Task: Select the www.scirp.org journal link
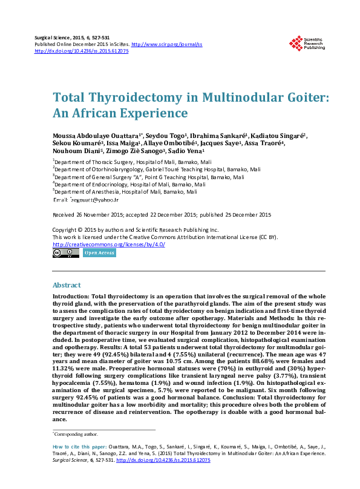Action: pyautogui.click(x=166, y=45)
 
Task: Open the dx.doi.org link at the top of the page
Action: pyautogui.click(x=82, y=51)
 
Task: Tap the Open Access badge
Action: pyautogui.click(x=99, y=253)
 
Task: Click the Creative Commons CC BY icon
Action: pyautogui.click(x=66, y=253)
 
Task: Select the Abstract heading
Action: pyautogui.click(x=67, y=284)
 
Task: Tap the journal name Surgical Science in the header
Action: pyautogui.click(x=56, y=38)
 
